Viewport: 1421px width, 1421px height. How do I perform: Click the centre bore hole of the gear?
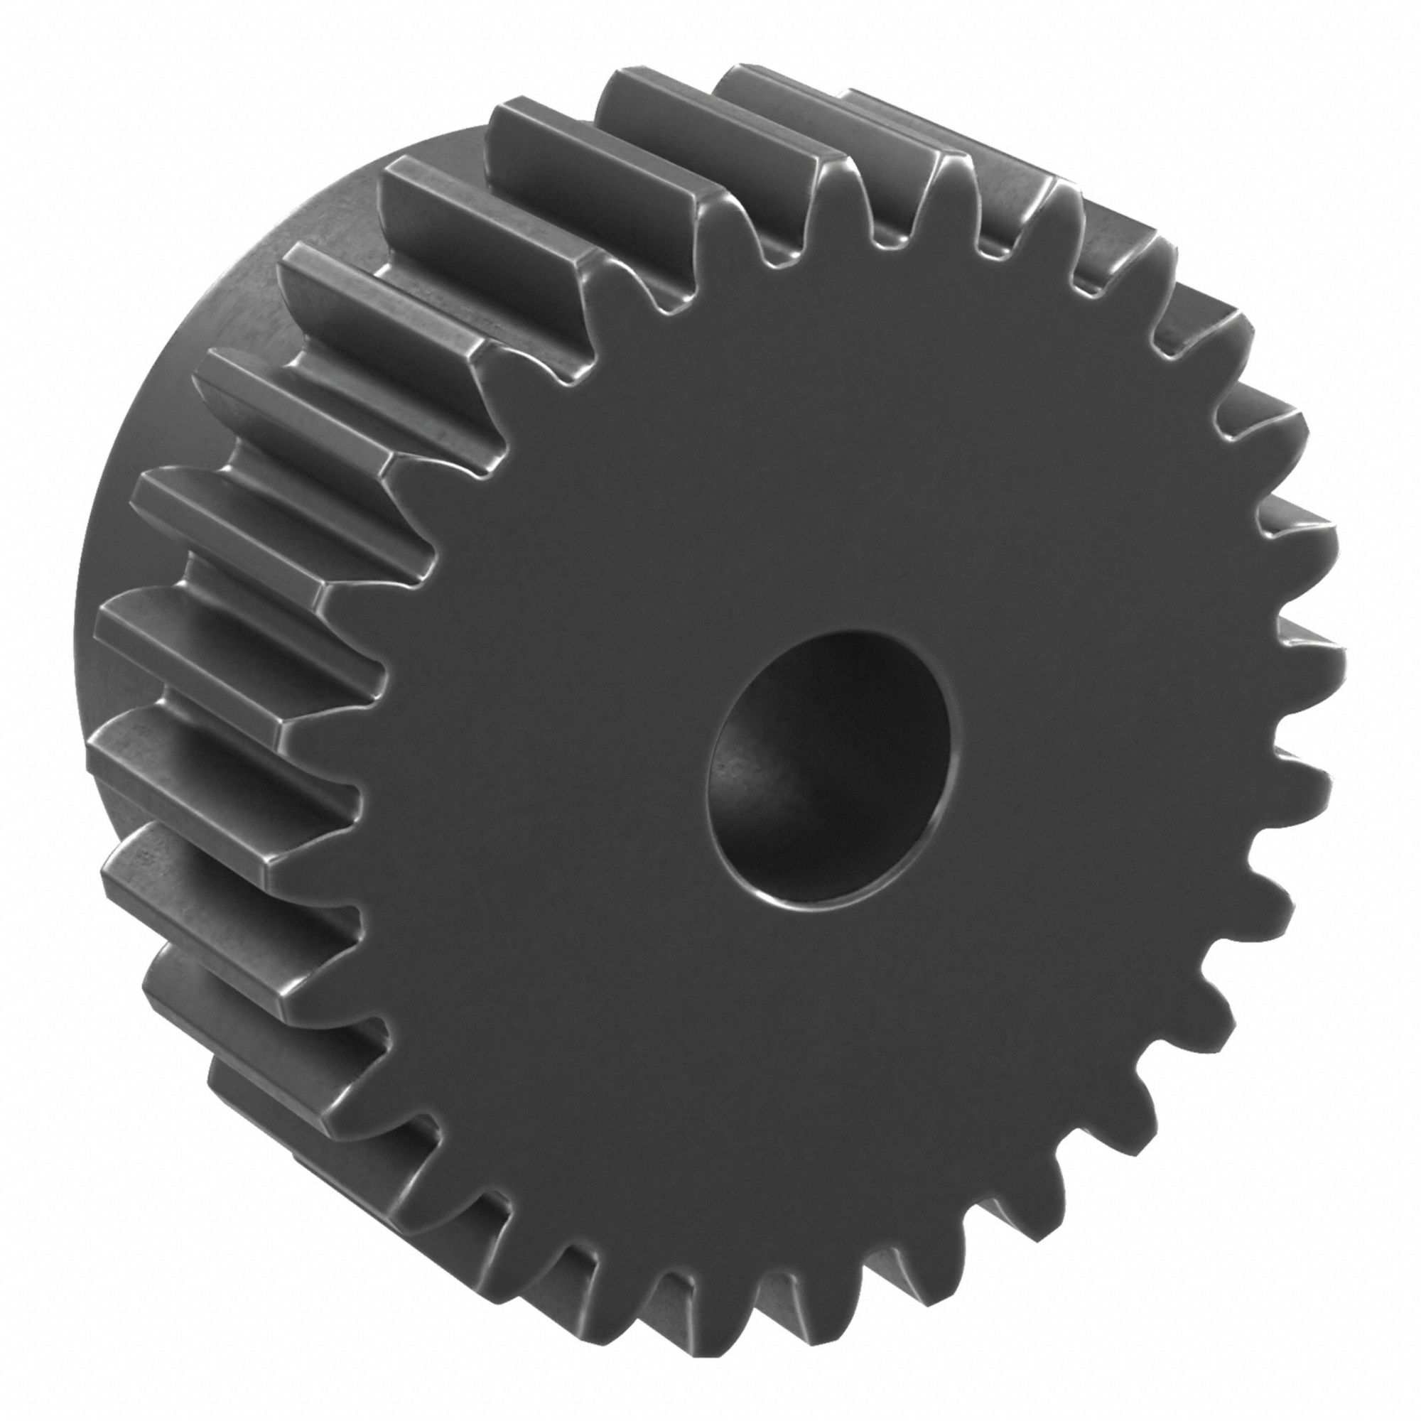[x=830, y=769]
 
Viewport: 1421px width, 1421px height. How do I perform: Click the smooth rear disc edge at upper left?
[x=309, y=243]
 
